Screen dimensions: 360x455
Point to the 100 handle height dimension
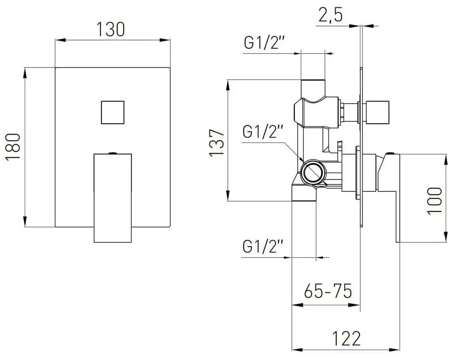(435, 201)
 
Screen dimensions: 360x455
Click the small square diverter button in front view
(113, 112)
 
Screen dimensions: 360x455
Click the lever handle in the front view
(113, 197)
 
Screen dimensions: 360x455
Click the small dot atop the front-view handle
(113, 153)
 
